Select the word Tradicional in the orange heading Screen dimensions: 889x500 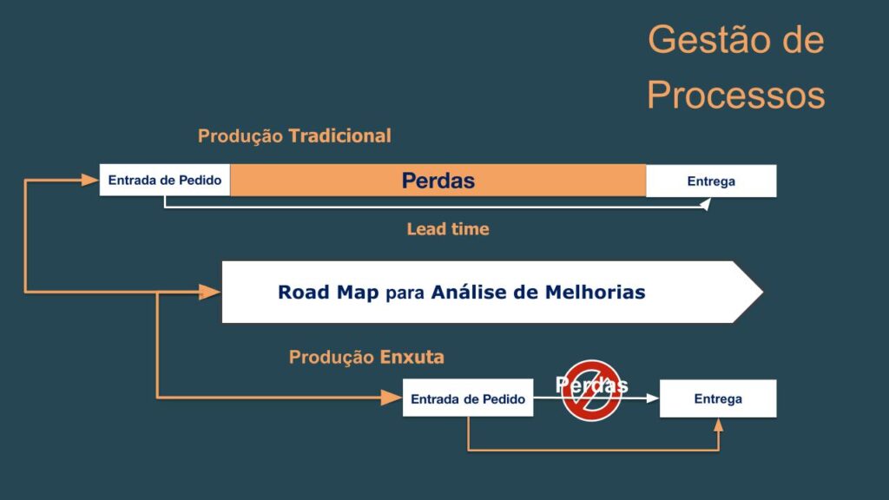[x=339, y=135]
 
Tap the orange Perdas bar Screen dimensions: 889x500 [x=438, y=181]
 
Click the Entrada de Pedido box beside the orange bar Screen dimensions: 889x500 [x=165, y=181]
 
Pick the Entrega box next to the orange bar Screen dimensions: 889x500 [x=711, y=181]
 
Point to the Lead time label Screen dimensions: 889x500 [x=448, y=229]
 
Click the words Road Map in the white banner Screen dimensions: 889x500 [x=328, y=292]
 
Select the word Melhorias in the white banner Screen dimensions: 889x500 [x=595, y=292]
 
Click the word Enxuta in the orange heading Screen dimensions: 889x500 [x=412, y=357]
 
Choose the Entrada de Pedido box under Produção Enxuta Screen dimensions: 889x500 [x=468, y=398]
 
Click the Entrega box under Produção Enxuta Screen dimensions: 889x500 [x=718, y=398]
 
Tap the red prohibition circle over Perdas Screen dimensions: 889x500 [x=591, y=391]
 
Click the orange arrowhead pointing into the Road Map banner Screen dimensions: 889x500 [x=210, y=292]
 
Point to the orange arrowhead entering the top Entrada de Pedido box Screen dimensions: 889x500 [x=90, y=181]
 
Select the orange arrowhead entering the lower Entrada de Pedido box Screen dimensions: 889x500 [x=392, y=398]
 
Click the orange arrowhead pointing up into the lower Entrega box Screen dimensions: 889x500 [x=718, y=425]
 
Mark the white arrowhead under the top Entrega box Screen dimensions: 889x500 [x=706, y=204]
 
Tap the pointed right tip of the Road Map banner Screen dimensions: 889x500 [x=763, y=292]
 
